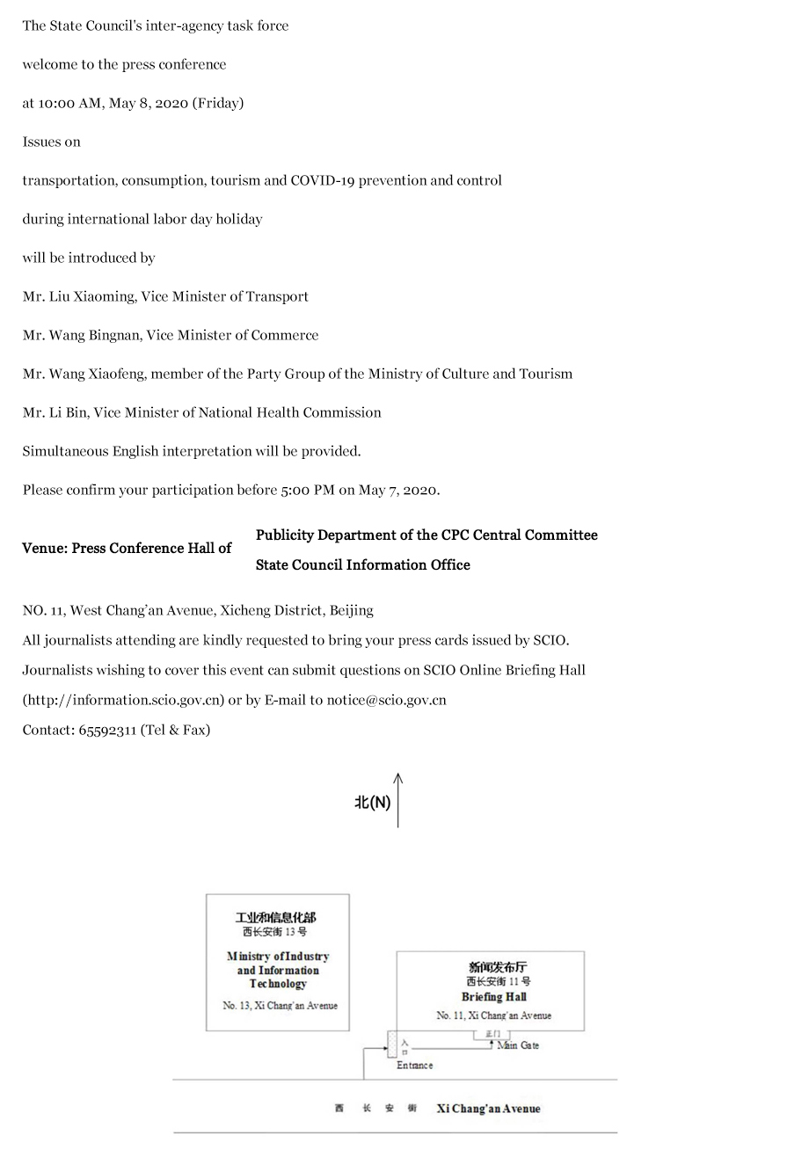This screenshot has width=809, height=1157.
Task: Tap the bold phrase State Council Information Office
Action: coord(362,564)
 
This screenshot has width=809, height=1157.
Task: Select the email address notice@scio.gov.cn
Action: coord(386,700)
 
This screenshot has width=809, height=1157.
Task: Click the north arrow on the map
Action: coord(398,799)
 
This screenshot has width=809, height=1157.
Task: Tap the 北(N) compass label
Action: coord(372,803)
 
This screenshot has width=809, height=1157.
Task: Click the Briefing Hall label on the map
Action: coord(493,997)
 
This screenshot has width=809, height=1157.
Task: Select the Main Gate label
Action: coord(518,1045)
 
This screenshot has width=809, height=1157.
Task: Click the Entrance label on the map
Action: coord(414,1066)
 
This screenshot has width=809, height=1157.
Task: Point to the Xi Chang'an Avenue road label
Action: coord(488,1109)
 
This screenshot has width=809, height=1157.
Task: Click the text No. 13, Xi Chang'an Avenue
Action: coord(280,1006)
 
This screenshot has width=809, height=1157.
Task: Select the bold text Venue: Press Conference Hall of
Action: coord(127,548)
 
